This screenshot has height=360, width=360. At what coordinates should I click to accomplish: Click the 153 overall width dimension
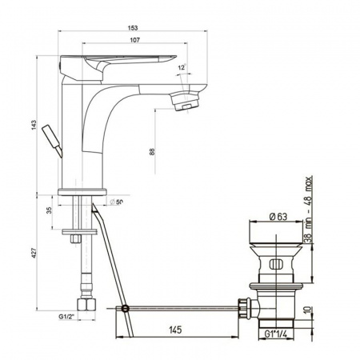pos(133,28)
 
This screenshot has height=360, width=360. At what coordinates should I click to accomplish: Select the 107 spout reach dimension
pos(135,40)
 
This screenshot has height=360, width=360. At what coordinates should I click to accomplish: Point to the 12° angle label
pos(182,67)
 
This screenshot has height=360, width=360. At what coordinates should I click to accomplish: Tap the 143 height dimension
pos(34,126)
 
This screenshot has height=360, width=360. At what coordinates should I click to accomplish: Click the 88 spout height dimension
pos(152,152)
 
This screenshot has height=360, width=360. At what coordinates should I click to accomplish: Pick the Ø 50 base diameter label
pos(116,202)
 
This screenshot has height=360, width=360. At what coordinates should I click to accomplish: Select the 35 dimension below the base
pos(49,210)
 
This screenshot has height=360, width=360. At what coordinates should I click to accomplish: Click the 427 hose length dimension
pos(34,253)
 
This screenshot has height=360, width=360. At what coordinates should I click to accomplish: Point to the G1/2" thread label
pos(66,317)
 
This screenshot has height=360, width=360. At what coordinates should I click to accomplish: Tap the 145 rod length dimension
pos(175,330)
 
